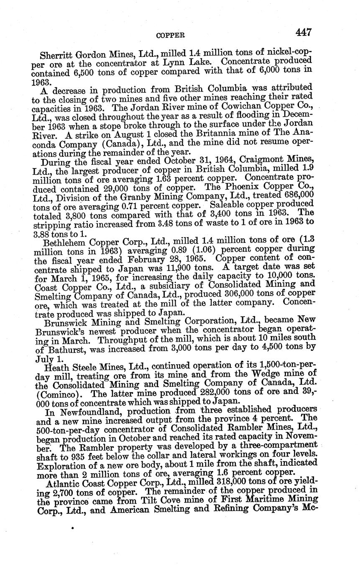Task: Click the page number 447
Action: click(x=303, y=32)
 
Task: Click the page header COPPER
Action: click(x=170, y=36)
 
